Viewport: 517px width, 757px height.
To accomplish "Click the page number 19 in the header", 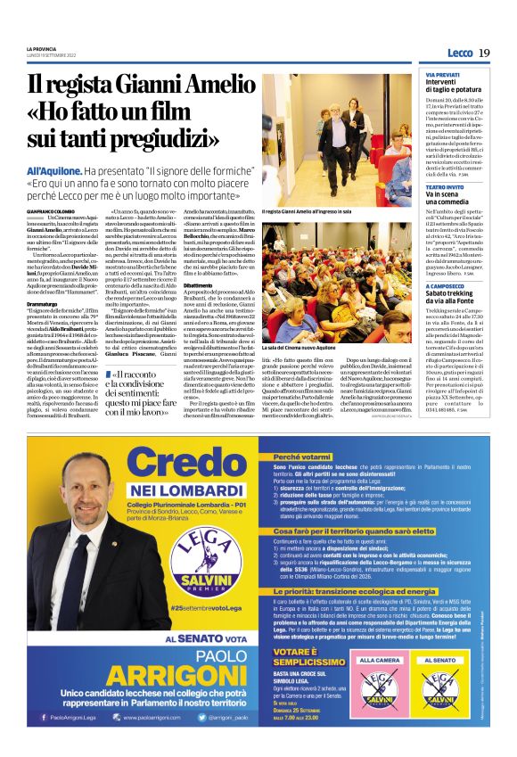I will click(484, 53).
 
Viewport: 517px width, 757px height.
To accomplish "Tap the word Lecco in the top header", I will click(460, 54).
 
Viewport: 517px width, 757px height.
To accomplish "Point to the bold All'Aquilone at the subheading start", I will click(57, 170).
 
